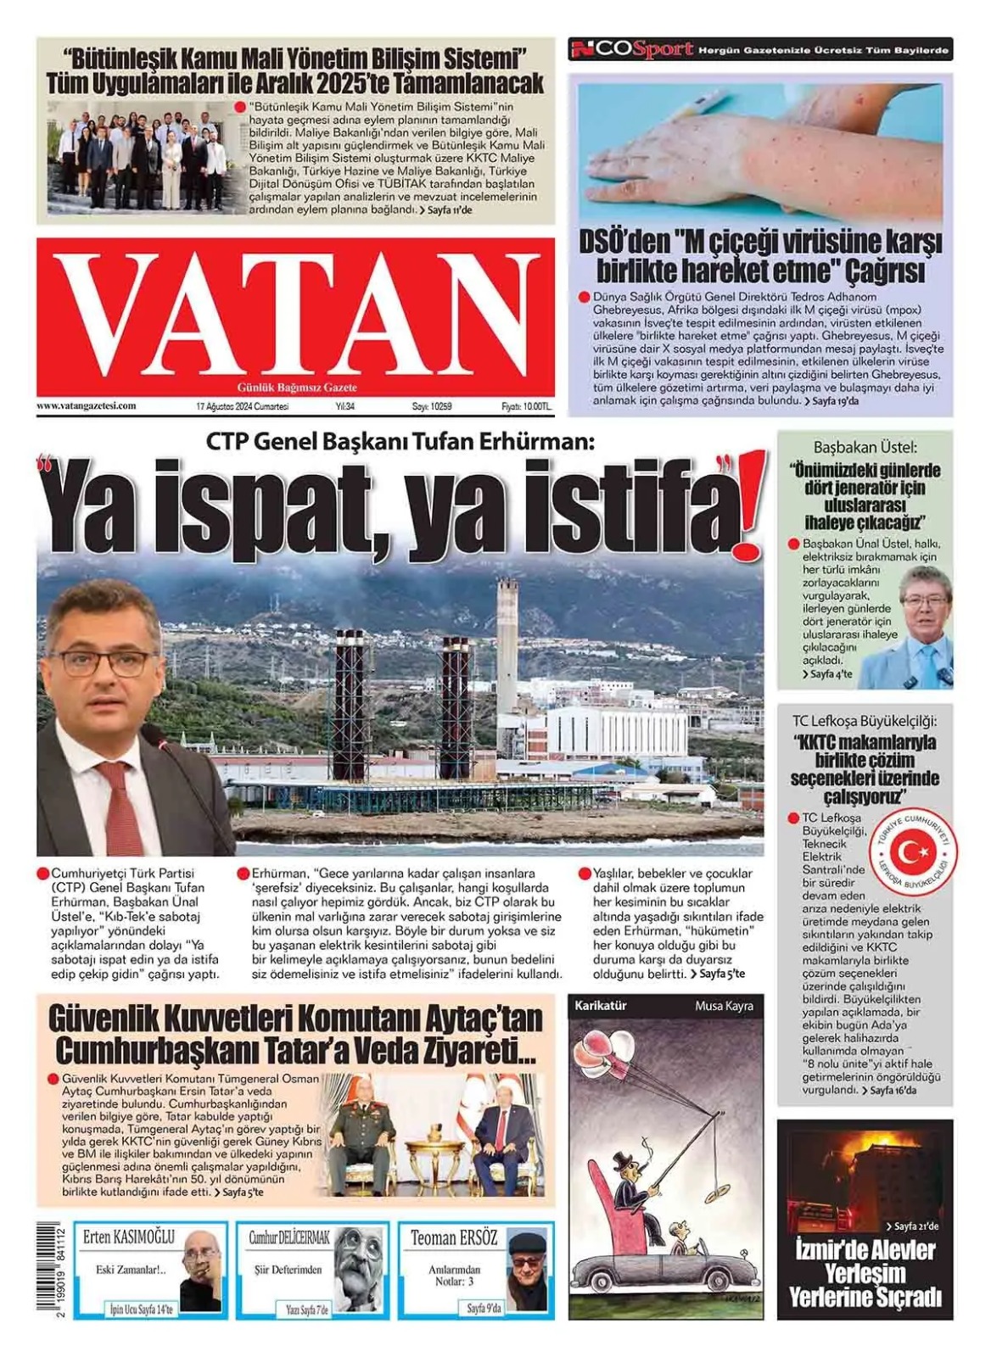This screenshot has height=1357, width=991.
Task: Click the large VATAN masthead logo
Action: tap(295, 313)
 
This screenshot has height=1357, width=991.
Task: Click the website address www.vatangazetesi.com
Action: tap(87, 406)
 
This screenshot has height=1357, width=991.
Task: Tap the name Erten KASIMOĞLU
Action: tap(129, 1237)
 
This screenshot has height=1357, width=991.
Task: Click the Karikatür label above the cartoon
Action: tap(601, 1006)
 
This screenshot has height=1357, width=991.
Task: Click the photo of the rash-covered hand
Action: tap(759, 149)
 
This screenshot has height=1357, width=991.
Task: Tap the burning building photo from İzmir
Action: tap(864, 1179)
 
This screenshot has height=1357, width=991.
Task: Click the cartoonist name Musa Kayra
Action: tap(724, 1006)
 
